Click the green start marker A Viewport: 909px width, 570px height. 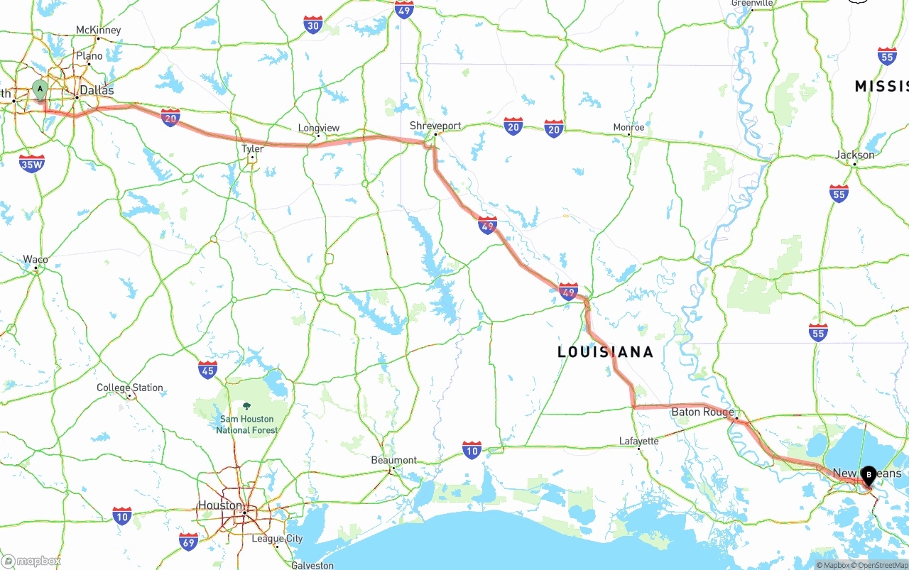click(x=40, y=89)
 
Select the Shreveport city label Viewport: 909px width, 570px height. click(x=435, y=126)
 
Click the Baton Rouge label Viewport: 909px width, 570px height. click(x=702, y=412)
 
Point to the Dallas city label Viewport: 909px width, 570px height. click(x=97, y=90)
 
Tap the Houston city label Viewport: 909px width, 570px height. click(x=219, y=505)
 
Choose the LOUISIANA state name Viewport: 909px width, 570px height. click(x=605, y=352)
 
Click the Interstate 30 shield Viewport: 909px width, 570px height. click(x=313, y=25)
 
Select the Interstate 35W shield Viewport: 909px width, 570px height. click(x=32, y=164)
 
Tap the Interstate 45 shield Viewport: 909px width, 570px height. click(x=207, y=369)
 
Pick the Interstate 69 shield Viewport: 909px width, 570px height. click(x=188, y=541)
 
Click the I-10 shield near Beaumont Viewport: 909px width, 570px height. click(x=472, y=449)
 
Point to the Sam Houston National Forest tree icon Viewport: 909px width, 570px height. click(x=246, y=406)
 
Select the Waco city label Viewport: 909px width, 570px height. click(x=36, y=259)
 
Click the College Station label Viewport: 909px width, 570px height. click(x=130, y=388)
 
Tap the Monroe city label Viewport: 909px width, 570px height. click(x=628, y=127)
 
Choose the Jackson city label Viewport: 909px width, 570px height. click(x=855, y=155)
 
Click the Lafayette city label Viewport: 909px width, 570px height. click(x=638, y=441)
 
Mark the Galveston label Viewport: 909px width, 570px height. click(x=312, y=565)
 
